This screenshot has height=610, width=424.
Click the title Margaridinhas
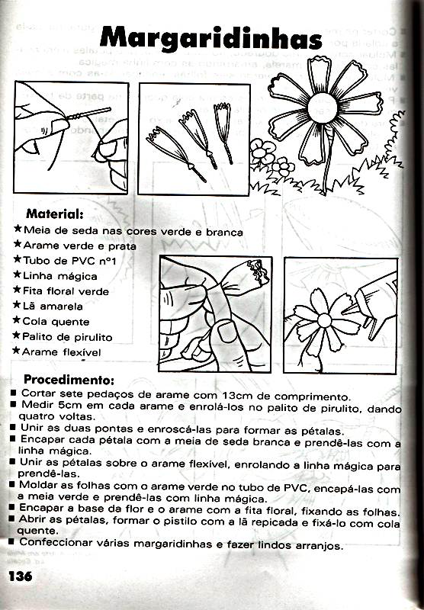point(210,40)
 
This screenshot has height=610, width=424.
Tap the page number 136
point(21,576)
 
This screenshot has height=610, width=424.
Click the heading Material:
point(55,213)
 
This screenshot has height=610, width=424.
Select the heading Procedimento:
point(69,379)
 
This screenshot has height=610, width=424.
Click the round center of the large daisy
point(323,108)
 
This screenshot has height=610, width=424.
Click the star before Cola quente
point(16,320)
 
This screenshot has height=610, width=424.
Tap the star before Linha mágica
point(17,274)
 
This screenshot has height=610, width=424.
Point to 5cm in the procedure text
point(70,406)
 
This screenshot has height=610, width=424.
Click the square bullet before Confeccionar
point(11,541)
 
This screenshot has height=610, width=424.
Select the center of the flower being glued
point(324,321)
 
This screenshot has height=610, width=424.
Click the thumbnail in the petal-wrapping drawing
point(226,332)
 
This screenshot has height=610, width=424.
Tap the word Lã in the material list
point(29,306)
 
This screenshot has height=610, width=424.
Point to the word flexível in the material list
point(82,352)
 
